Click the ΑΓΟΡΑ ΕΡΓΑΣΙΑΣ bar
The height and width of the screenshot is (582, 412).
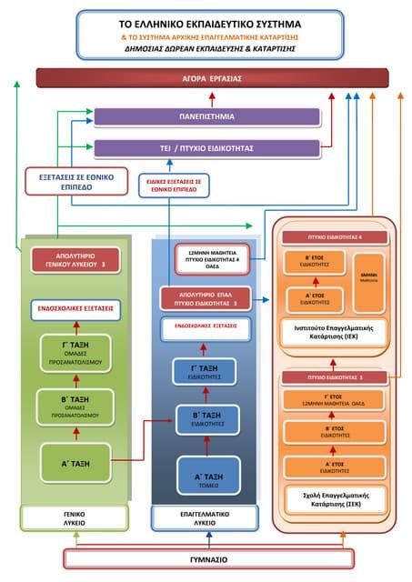206,78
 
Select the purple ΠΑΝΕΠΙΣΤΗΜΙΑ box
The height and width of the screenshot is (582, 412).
206,116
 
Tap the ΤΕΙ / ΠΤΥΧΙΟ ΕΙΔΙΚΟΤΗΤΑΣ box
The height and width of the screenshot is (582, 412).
206,147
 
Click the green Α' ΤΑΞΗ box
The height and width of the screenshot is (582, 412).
75,462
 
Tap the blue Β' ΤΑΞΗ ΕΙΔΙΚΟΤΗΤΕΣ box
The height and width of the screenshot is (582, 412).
208,418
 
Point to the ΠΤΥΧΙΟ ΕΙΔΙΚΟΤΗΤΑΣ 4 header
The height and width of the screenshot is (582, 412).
334,236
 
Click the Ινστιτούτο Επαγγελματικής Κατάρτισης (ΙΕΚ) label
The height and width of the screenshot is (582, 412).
334,330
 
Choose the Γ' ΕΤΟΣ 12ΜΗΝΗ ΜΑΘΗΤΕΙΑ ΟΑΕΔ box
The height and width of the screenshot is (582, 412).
335,399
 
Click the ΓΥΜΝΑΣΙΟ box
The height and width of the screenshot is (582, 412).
208,558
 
